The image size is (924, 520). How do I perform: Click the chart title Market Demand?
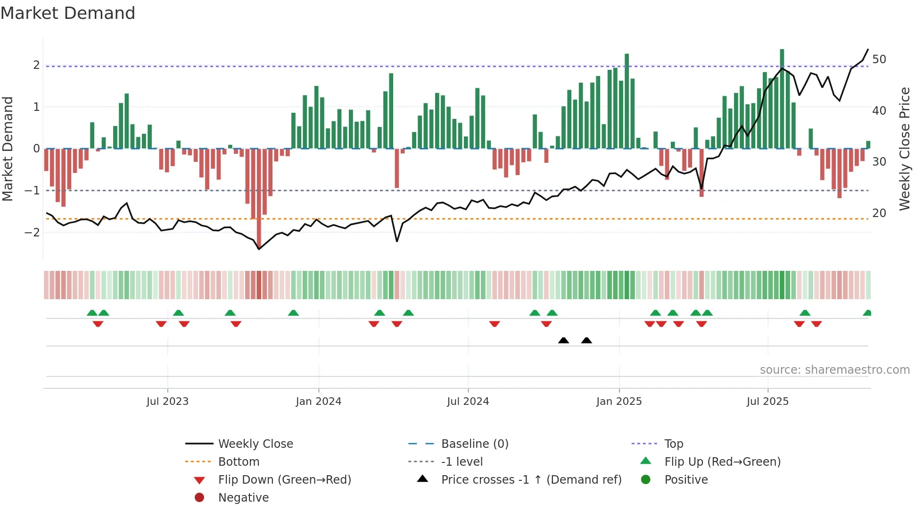68,13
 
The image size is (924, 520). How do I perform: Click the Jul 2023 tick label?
167,402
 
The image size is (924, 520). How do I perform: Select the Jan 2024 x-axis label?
318,402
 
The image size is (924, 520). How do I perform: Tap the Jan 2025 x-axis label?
619,402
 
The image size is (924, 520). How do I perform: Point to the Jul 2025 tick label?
767,402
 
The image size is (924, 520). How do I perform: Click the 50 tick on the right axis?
879,59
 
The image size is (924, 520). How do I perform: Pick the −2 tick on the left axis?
32,232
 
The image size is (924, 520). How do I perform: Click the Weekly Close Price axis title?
904,149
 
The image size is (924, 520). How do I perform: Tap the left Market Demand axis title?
8,149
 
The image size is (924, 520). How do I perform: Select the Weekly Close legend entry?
255,444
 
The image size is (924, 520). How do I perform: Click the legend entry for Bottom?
239,462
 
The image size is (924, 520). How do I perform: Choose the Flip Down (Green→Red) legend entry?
284,480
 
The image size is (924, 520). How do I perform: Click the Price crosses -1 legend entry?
531,480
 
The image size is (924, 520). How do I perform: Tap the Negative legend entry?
243,498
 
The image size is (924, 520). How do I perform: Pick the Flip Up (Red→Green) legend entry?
722,462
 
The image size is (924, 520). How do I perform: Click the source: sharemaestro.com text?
834,370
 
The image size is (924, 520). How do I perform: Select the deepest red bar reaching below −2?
259,198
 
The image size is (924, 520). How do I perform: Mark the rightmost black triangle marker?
586,341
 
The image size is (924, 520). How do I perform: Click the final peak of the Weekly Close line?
868,50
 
